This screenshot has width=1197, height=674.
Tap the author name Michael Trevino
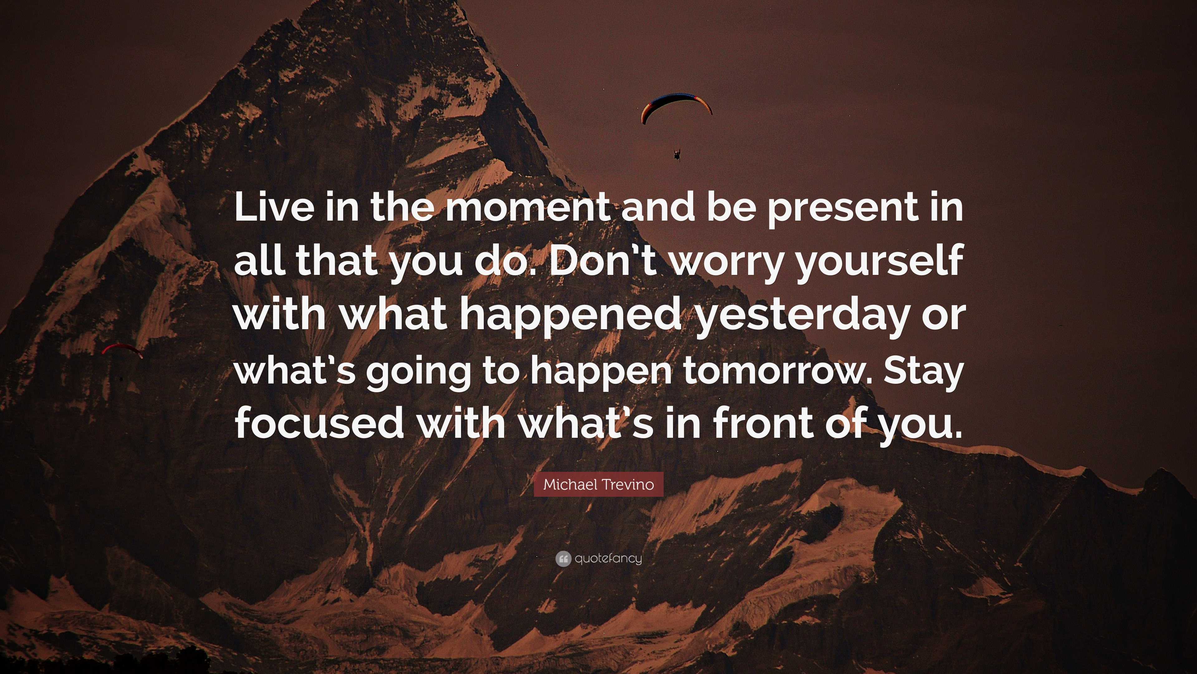pos(598,484)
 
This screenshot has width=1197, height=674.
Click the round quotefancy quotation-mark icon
pos(563,559)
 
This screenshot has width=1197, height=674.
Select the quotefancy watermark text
pos(608,559)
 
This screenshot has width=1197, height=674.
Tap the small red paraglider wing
pos(122,349)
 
